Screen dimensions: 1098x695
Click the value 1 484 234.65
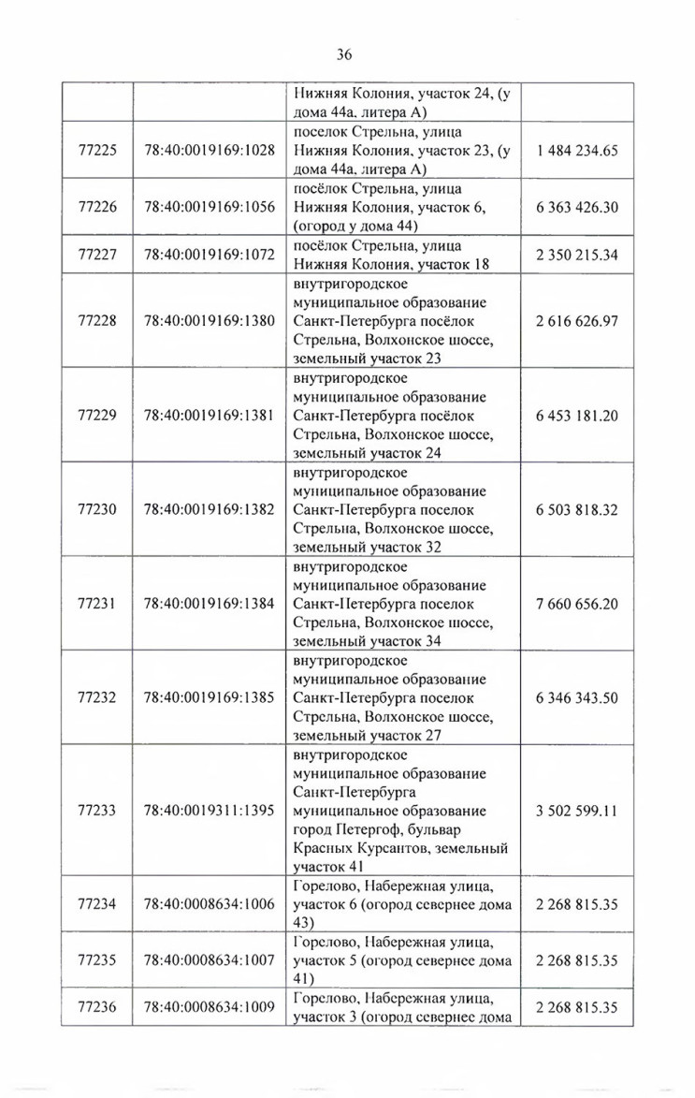577,151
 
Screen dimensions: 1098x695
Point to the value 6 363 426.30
577,208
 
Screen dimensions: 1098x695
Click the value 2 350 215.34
577,255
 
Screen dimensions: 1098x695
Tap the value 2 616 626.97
577,321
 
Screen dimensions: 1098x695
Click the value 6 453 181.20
577,416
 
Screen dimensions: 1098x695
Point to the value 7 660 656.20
577,604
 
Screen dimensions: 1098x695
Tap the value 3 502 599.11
577,811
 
